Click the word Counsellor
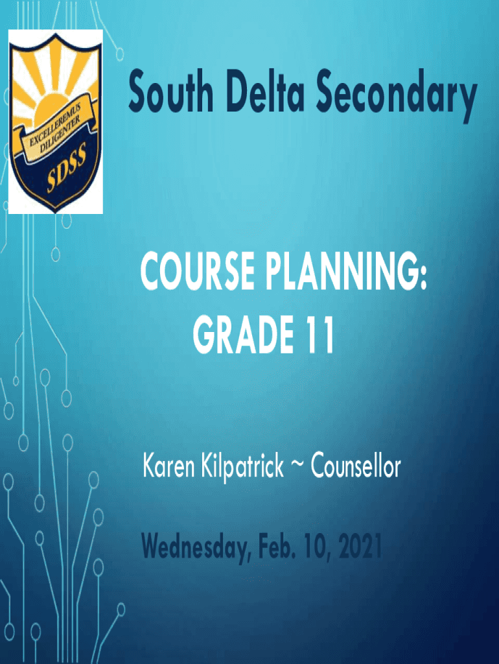(356, 466)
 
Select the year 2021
(359, 549)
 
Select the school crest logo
(55, 121)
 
